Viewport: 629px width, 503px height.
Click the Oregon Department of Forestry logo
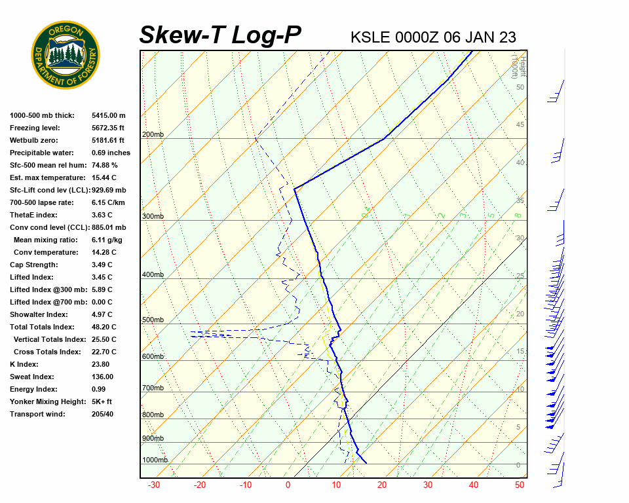point(66,55)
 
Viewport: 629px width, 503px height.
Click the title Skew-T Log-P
point(220,35)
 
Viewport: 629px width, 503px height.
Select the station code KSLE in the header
point(370,37)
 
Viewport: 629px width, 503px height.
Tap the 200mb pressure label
point(153,135)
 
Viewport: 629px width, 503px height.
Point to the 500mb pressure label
point(153,320)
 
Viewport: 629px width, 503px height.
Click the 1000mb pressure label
point(155,460)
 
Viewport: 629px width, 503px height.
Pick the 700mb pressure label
point(153,388)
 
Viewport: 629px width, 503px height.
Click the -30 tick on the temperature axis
point(154,485)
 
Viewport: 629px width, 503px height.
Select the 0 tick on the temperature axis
point(288,485)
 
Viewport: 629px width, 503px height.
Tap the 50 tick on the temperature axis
point(520,485)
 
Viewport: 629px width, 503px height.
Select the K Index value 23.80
point(102,364)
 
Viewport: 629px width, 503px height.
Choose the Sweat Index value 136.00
point(102,377)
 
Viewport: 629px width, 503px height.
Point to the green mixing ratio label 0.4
point(366,211)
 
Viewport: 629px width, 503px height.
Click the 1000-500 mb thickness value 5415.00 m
point(109,115)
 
